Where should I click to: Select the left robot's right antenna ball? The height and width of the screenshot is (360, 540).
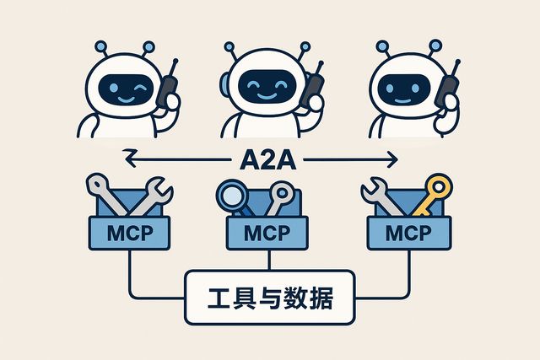(x=149, y=46)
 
